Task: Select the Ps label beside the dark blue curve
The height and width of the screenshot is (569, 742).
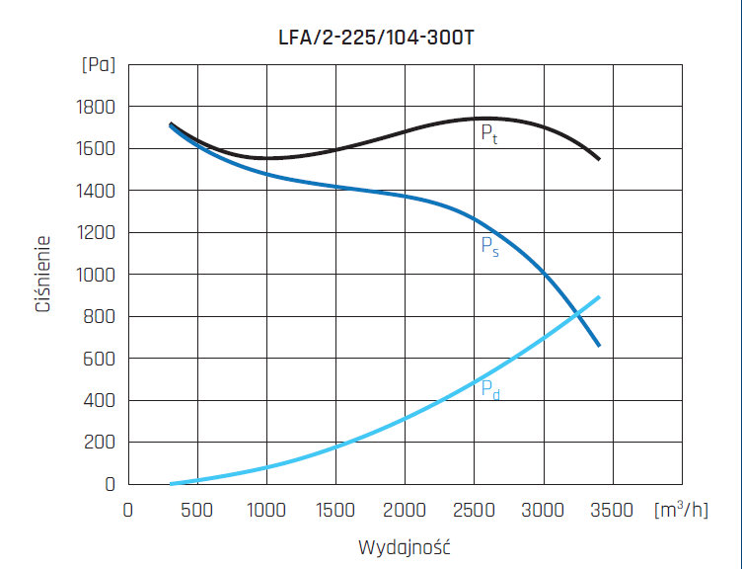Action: click(x=489, y=247)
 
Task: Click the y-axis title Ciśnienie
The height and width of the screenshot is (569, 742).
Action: click(x=43, y=274)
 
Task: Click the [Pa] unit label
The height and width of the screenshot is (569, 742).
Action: click(x=98, y=65)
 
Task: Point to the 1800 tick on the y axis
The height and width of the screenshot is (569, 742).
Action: click(x=97, y=107)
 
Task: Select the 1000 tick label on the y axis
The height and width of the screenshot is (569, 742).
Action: click(x=97, y=275)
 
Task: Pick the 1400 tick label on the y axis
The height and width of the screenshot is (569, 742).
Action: click(x=97, y=191)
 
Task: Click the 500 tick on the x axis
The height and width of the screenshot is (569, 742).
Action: click(x=197, y=510)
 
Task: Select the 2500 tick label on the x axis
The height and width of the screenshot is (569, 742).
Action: click(x=475, y=510)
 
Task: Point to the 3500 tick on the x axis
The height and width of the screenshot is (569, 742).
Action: click(x=613, y=510)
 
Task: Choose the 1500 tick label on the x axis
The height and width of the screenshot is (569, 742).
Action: click(x=335, y=510)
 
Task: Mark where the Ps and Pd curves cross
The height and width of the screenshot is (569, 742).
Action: click(x=576, y=315)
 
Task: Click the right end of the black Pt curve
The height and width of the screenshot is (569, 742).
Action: click(x=598, y=158)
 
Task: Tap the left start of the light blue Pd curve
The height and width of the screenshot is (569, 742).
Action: click(x=172, y=483)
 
